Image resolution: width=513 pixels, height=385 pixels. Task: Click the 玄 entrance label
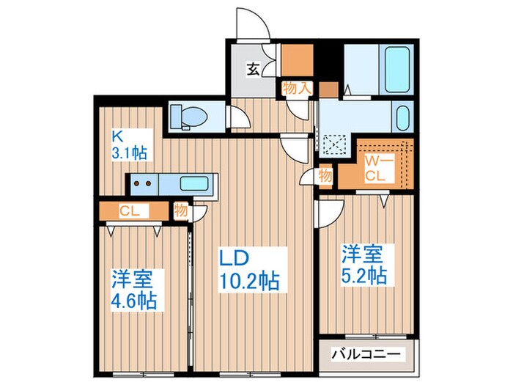252,70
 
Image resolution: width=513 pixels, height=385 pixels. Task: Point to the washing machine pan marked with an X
336,145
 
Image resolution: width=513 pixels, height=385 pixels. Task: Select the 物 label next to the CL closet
180,210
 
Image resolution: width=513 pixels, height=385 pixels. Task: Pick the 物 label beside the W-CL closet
325,177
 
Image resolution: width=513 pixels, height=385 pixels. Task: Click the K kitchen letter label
116,135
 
